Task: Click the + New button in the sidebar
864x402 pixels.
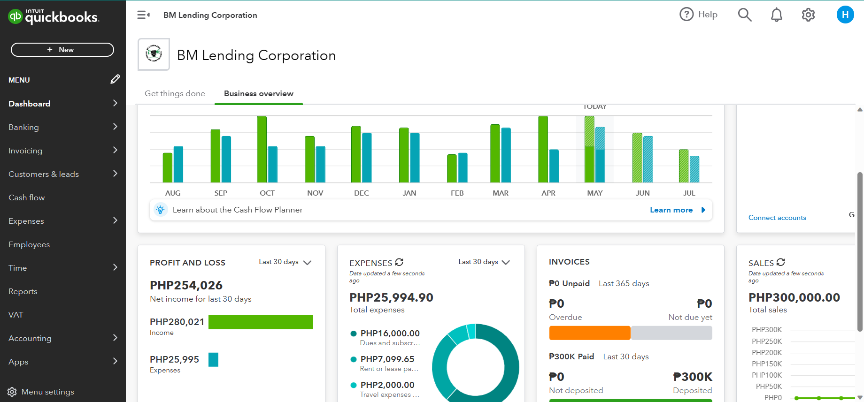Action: click(x=62, y=50)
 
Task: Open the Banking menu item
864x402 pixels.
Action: click(x=24, y=127)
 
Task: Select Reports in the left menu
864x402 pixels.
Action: click(x=23, y=291)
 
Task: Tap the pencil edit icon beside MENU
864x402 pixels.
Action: click(x=115, y=79)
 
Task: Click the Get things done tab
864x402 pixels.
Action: click(x=175, y=93)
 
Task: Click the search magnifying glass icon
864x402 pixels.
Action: click(x=744, y=15)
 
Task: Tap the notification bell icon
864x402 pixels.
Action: click(x=776, y=15)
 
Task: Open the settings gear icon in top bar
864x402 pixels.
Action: click(x=808, y=15)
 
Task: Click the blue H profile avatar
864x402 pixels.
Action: click(x=845, y=15)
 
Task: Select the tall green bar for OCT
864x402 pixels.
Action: click(x=262, y=149)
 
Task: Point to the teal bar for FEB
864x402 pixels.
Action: click(x=463, y=168)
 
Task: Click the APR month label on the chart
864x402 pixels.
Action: click(x=548, y=193)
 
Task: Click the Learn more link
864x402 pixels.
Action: click(x=671, y=210)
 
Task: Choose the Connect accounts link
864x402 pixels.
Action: click(x=777, y=218)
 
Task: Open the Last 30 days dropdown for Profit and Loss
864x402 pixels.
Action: click(x=285, y=262)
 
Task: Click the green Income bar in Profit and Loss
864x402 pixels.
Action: click(x=261, y=322)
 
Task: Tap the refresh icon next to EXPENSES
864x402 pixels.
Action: click(x=399, y=262)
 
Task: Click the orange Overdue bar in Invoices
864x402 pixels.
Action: click(x=589, y=333)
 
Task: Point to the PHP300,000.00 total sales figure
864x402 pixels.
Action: click(x=794, y=297)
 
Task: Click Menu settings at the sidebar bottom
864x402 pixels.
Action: click(x=47, y=392)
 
